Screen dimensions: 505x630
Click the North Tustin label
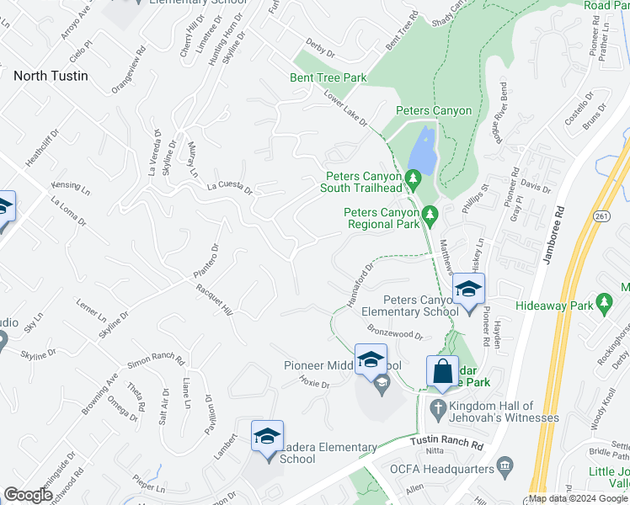pyautogui.click(x=57, y=75)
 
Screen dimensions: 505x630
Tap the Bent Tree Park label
pyautogui.click(x=331, y=78)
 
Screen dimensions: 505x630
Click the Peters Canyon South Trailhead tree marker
pyautogui.click(x=413, y=178)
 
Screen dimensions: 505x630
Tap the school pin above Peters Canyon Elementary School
pyautogui.click(x=467, y=291)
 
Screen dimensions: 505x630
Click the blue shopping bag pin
pyautogui.click(x=442, y=370)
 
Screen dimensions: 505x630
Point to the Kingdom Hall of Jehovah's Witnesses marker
pyautogui.click(x=437, y=408)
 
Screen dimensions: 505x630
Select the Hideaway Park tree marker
pyautogui.click(x=602, y=301)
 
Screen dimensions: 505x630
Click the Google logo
pyautogui.click(x=29, y=495)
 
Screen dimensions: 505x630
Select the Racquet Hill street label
pyautogui.click(x=214, y=298)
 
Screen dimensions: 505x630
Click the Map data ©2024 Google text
pyautogui.click(x=579, y=498)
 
